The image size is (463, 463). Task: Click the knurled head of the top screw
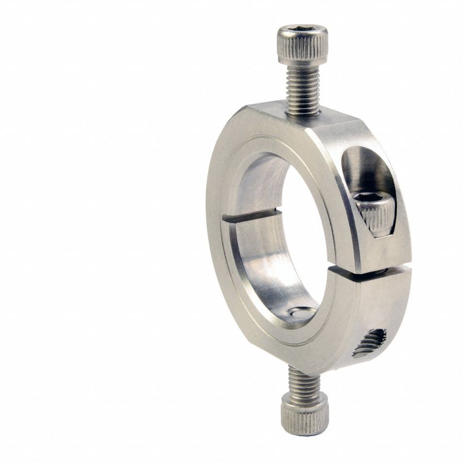pos(302,49)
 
